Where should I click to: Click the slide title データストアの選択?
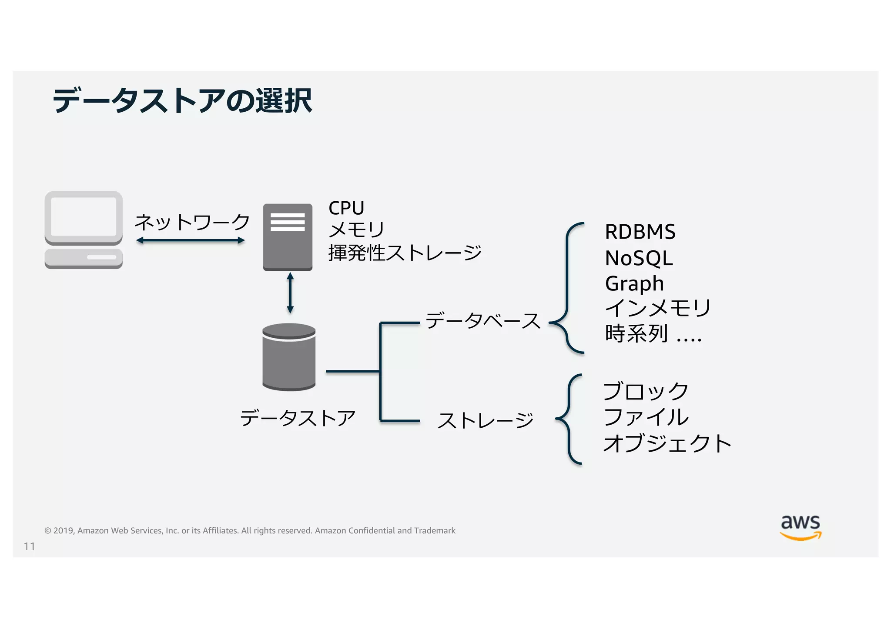point(182,101)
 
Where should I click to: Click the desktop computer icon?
point(84,230)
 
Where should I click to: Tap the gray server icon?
point(288,237)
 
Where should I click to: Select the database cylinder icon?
point(289,357)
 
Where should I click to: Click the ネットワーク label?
point(192,222)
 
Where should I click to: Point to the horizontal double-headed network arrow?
point(190,240)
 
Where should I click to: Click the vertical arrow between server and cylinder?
point(290,293)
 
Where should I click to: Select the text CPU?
point(346,208)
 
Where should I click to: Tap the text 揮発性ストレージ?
point(405,253)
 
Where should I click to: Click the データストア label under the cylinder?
point(298,418)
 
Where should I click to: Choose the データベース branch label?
point(483,321)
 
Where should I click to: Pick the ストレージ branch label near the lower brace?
point(486,420)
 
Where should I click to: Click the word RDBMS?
point(640,232)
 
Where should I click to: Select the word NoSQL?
point(639,258)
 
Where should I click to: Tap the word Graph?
point(634,283)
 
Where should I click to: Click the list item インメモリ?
point(658,308)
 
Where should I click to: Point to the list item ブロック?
point(646,391)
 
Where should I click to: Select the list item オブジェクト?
point(667,443)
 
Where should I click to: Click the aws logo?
point(801,527)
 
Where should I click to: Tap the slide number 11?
point(29,546)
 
